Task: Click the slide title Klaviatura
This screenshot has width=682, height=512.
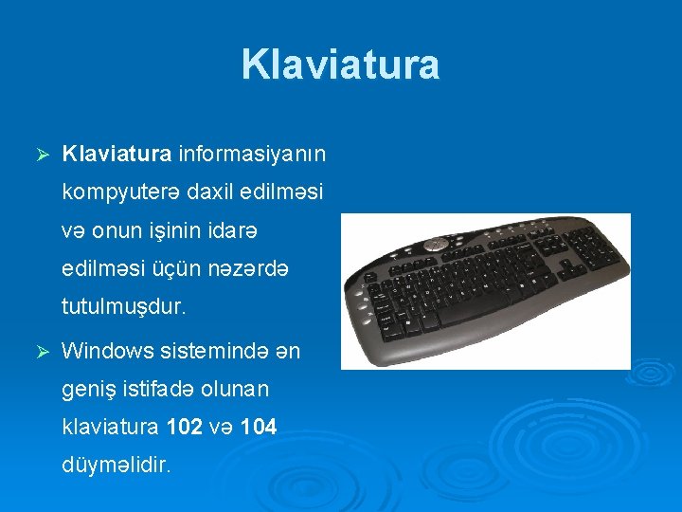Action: tap(340, 64)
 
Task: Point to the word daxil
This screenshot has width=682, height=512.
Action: tap(210, 192)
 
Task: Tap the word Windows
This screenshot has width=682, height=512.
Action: tap(107, 351)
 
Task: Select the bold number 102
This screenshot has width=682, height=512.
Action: tap(184, 428)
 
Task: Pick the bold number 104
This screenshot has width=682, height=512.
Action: tap(259, 428)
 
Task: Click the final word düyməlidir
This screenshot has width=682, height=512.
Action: tap(116, 466)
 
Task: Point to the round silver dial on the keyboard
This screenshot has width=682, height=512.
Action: tap(435, 244)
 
